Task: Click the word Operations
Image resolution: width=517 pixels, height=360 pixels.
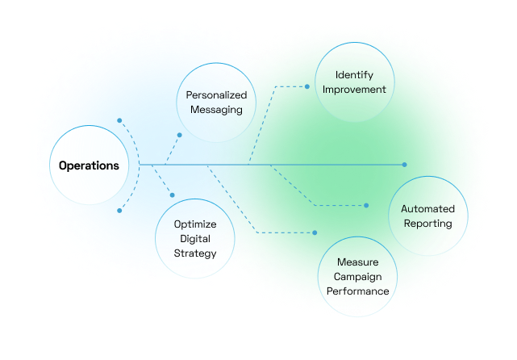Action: [x=89, y=165]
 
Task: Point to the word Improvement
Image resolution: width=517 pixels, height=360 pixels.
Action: [x=355, y=89]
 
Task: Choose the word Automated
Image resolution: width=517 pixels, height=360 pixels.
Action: [x=427, y=209]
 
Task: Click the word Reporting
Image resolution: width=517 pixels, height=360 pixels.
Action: [x=427, y=224]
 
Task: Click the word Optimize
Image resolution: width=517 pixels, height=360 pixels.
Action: [x=194, y=225]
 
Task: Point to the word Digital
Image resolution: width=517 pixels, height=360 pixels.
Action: [x=194, y=240]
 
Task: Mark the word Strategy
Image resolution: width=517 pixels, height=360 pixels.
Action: [x=194, y=253]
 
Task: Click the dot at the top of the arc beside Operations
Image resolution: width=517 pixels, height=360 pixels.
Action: [x=119, y=121]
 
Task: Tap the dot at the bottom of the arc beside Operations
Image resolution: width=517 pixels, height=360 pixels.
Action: [x=119, y=211]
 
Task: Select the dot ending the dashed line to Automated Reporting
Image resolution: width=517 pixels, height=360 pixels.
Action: [x=367, y=206]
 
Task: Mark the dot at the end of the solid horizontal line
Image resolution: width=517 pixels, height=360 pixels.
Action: [x=406, y=165]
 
